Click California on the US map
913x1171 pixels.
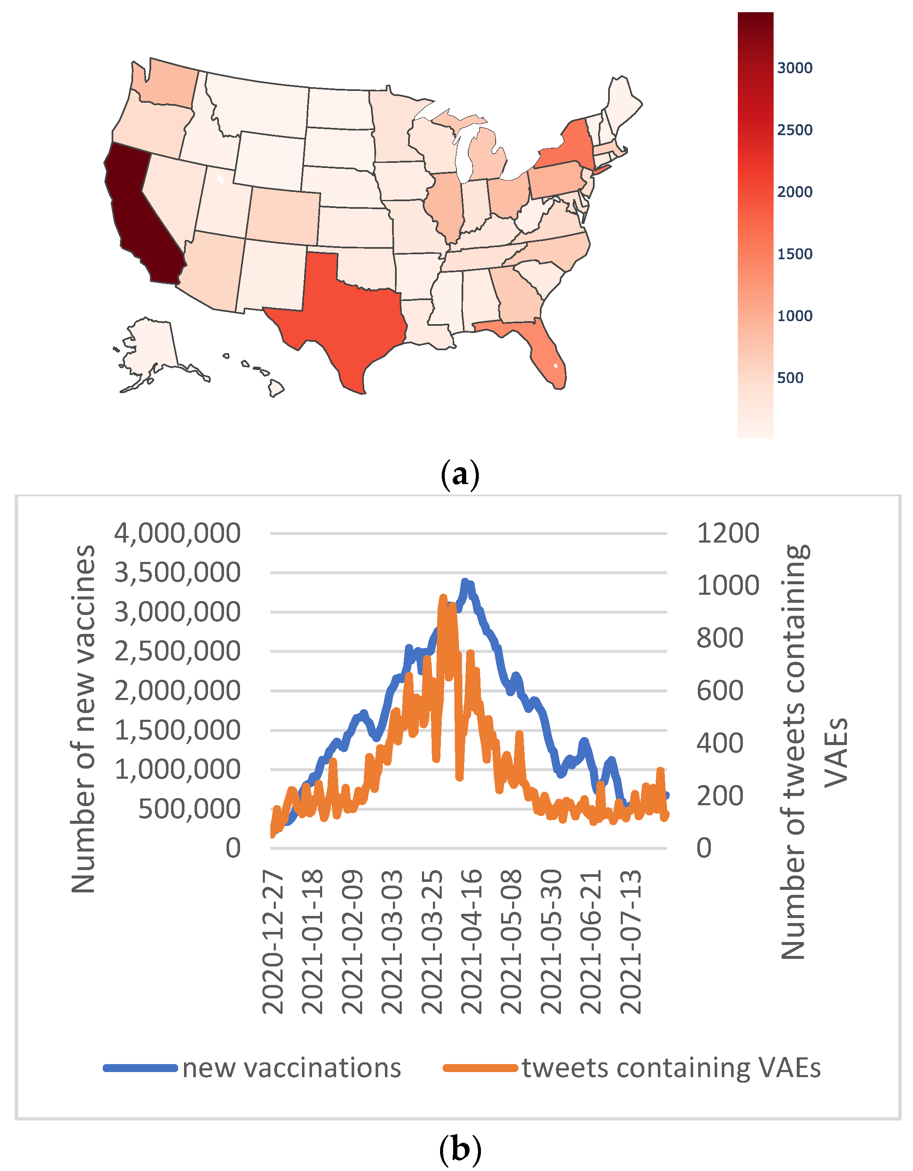pyautogui.click(x=139, y=215)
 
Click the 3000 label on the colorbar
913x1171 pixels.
pyautogui.click(x=794, y=68)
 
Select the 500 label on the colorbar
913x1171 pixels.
pyautogui.click(x=790, y=378)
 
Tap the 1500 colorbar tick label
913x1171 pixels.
pyautogui.click(x=794, y=254)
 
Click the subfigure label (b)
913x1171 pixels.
pyautogui.click(x=460, y=1149)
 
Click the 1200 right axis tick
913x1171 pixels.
pyautogui.click(x=727, y=533)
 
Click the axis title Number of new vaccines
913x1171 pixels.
pyautogui.click(x=83, y=719)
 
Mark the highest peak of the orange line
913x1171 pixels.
pyautogui.click(x=443, y=598)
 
